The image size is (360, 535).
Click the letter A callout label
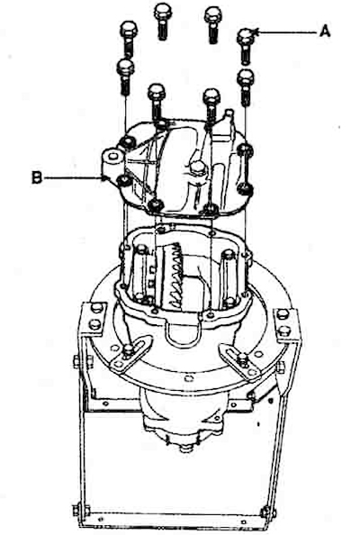pyautogui.click(x=325, y=32)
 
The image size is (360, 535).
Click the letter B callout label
pyautogui.click(x=37, y=177)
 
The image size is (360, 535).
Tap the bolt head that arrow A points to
pyautogui.click(x=246, y=35)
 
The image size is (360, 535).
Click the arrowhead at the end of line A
pyautogui.click(x=256, y=32)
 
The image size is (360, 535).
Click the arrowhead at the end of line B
pyautogui.click(x=105, y=177)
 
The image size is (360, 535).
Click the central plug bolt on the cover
pyautogui.click(x=197, y=168)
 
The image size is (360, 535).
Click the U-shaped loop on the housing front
pyautogui.click(x=183, y=335)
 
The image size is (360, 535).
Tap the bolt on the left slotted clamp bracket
pyautogui.click(x=129, y=349)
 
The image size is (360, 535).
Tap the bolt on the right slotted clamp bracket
pyautogui.click(x=242, y=358)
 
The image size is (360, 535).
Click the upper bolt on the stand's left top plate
pyautogui.click(x=97, y=308)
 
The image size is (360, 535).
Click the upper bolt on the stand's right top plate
pyautogui.click(x=283, y=314)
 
